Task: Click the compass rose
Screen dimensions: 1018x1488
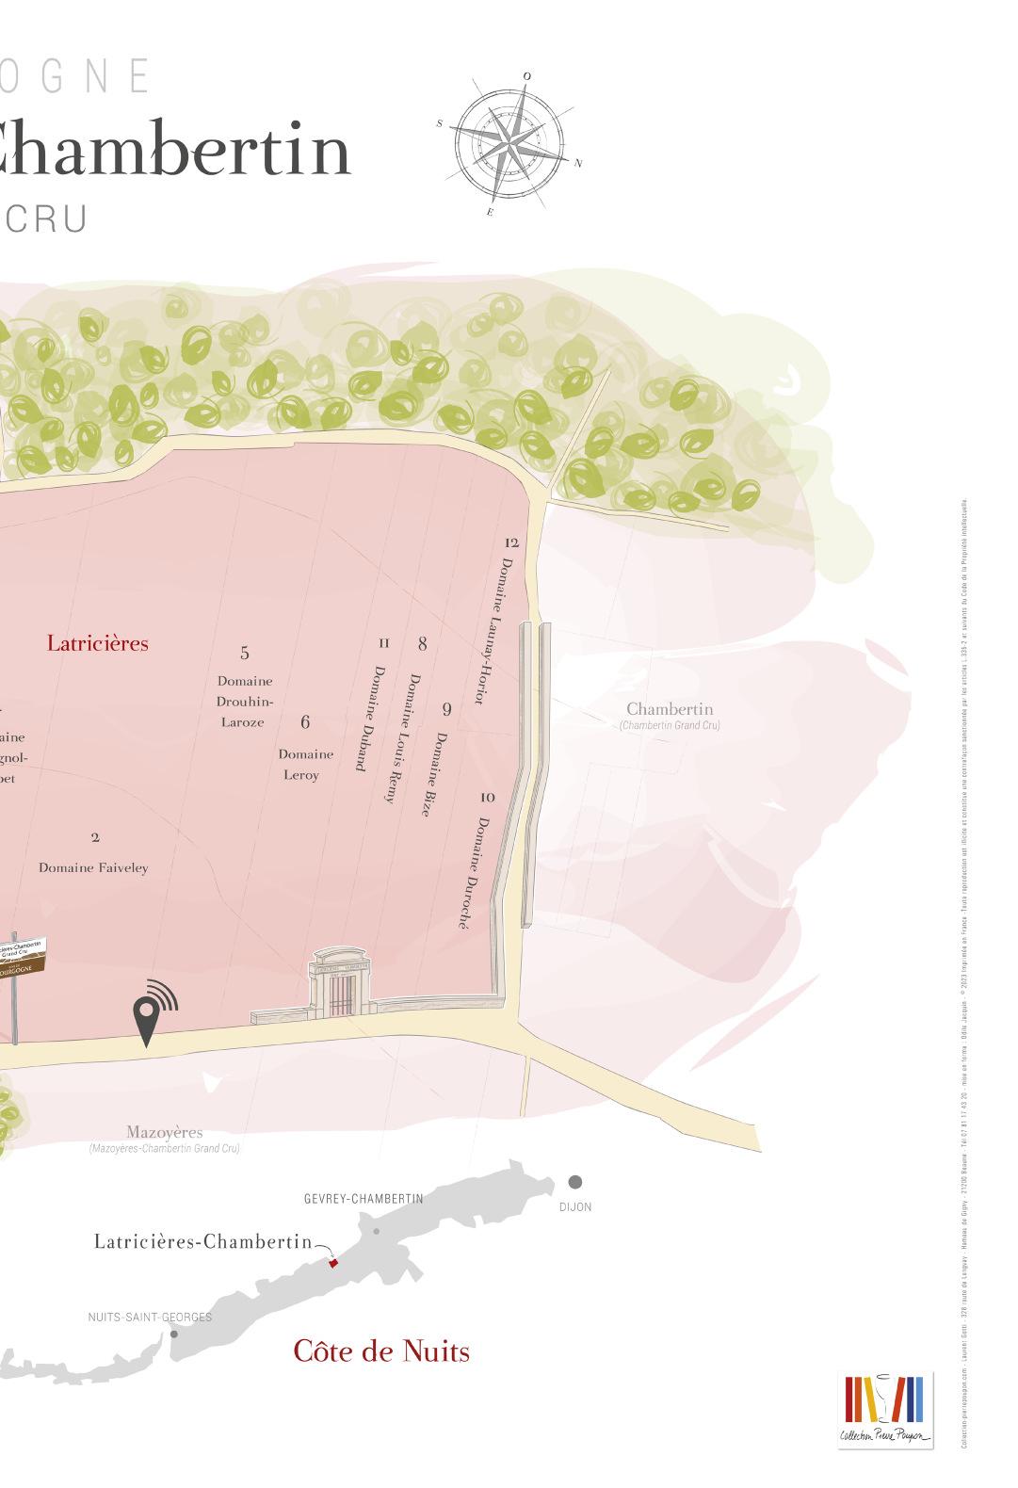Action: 509,144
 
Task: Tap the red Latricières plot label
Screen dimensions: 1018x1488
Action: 98,644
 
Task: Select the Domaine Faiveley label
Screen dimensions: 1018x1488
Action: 93,868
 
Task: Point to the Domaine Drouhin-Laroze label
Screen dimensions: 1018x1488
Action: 244,702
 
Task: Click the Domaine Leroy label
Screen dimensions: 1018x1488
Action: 305,765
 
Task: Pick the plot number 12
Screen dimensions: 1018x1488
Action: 511,542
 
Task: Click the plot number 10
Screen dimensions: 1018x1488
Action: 487,798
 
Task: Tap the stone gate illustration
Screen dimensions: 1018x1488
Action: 341,985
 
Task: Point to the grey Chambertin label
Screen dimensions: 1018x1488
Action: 670,709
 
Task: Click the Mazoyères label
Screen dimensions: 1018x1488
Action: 165,1133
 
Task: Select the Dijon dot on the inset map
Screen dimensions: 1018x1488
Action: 574,1182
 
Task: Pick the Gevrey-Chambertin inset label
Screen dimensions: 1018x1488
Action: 364,1199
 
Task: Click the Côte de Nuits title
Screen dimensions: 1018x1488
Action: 381,1351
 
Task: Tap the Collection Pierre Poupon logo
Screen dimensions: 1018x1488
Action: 885,1410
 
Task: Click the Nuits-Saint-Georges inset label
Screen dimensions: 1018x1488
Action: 150,1318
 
